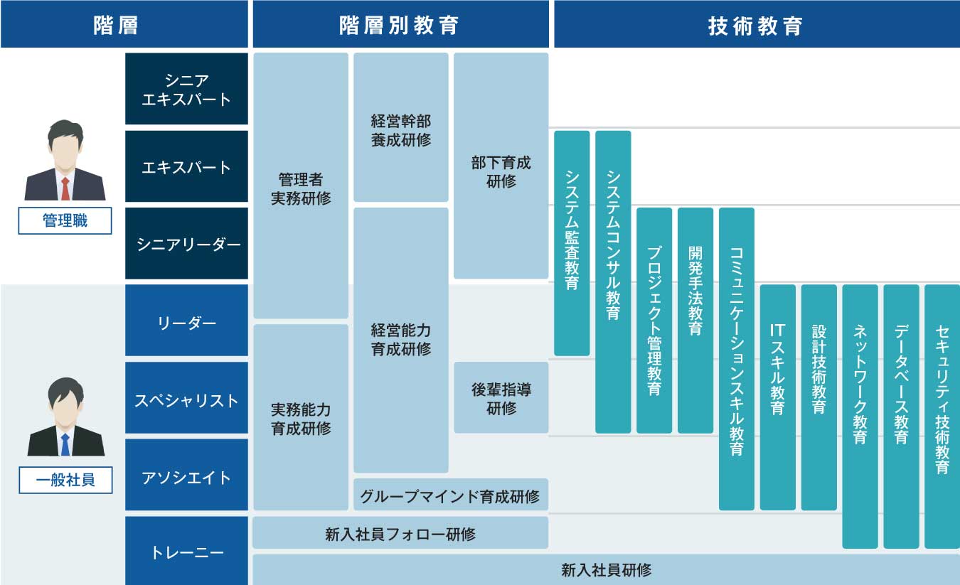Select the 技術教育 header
(756, 25)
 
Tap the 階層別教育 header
(400, 25)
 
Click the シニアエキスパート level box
(186, 89)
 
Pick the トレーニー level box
(186, 552)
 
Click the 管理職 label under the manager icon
(65, 221)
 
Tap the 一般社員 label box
(65, 481)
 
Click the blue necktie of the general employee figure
(65, 444)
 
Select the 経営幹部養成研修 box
(400, 128)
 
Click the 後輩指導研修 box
(501, 398)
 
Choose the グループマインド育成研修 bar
(450, 495)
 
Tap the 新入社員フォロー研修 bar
(400, 533)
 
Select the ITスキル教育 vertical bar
(777, 397)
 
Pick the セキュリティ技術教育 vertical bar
(942, 416)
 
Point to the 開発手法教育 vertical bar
(695, 320)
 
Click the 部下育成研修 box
(501, 171)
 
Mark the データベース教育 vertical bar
(901, 416)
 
